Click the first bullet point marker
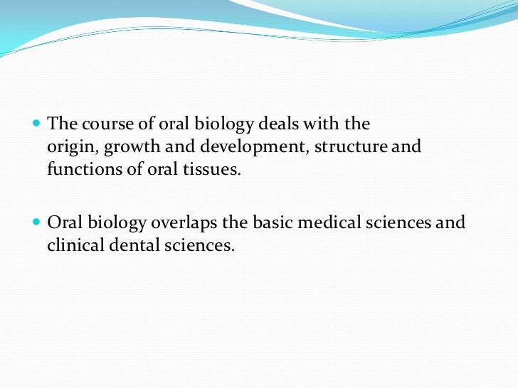tap(37, 123)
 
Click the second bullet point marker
tap(37, 221)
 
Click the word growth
tap(127, 148)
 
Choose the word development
tap(229, 148)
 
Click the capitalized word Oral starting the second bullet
tap(63, 222)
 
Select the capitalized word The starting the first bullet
tap(61, 124)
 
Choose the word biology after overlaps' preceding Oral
tap(114, 223)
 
